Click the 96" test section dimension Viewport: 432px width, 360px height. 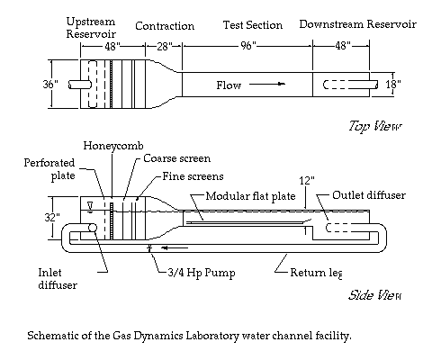(x=248, y=46)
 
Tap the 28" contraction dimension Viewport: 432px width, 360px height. (x=164, y=46)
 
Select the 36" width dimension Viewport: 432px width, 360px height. (x=50, y=84)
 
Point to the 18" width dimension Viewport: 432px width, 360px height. (x=393, y=85)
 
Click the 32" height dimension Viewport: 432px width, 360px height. (x=52, y=217)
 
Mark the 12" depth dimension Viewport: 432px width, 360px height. (x=307, y=181)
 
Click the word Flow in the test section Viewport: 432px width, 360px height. (x=229, y=85)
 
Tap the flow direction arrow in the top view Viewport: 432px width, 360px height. (x=267, y=84)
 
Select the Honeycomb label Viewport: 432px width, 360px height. (x=113, y=146)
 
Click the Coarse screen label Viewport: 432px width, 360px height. (x=176, y=158)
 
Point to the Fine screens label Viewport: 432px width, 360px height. (x=193, y=176)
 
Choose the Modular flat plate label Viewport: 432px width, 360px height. (x=250, y=196)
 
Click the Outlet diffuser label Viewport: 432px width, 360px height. (x=369, y=195)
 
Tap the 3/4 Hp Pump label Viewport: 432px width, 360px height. (x=202, y=273)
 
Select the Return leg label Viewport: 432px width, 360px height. (x=316, y=273)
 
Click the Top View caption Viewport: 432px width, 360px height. (x=375, y=126)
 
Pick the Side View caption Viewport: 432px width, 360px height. (x=374, y=295)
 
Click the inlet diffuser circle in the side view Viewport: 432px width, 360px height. (x=93, y=228)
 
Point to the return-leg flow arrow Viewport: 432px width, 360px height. (x=175, y=247)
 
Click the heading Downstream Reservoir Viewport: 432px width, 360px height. (x=357, y=24)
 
